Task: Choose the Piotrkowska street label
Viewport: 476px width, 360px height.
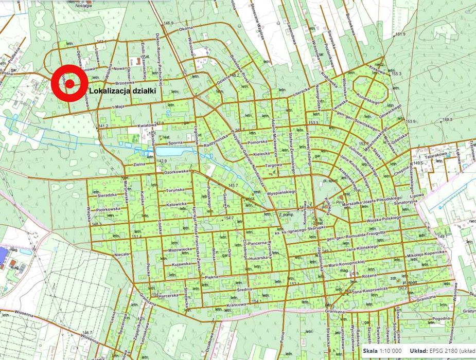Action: click(x=108, y=209)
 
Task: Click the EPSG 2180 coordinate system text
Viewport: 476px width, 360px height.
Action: click(x=446, y=351)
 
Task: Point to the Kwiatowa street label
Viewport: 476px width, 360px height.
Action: click(x=133, y=124)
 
